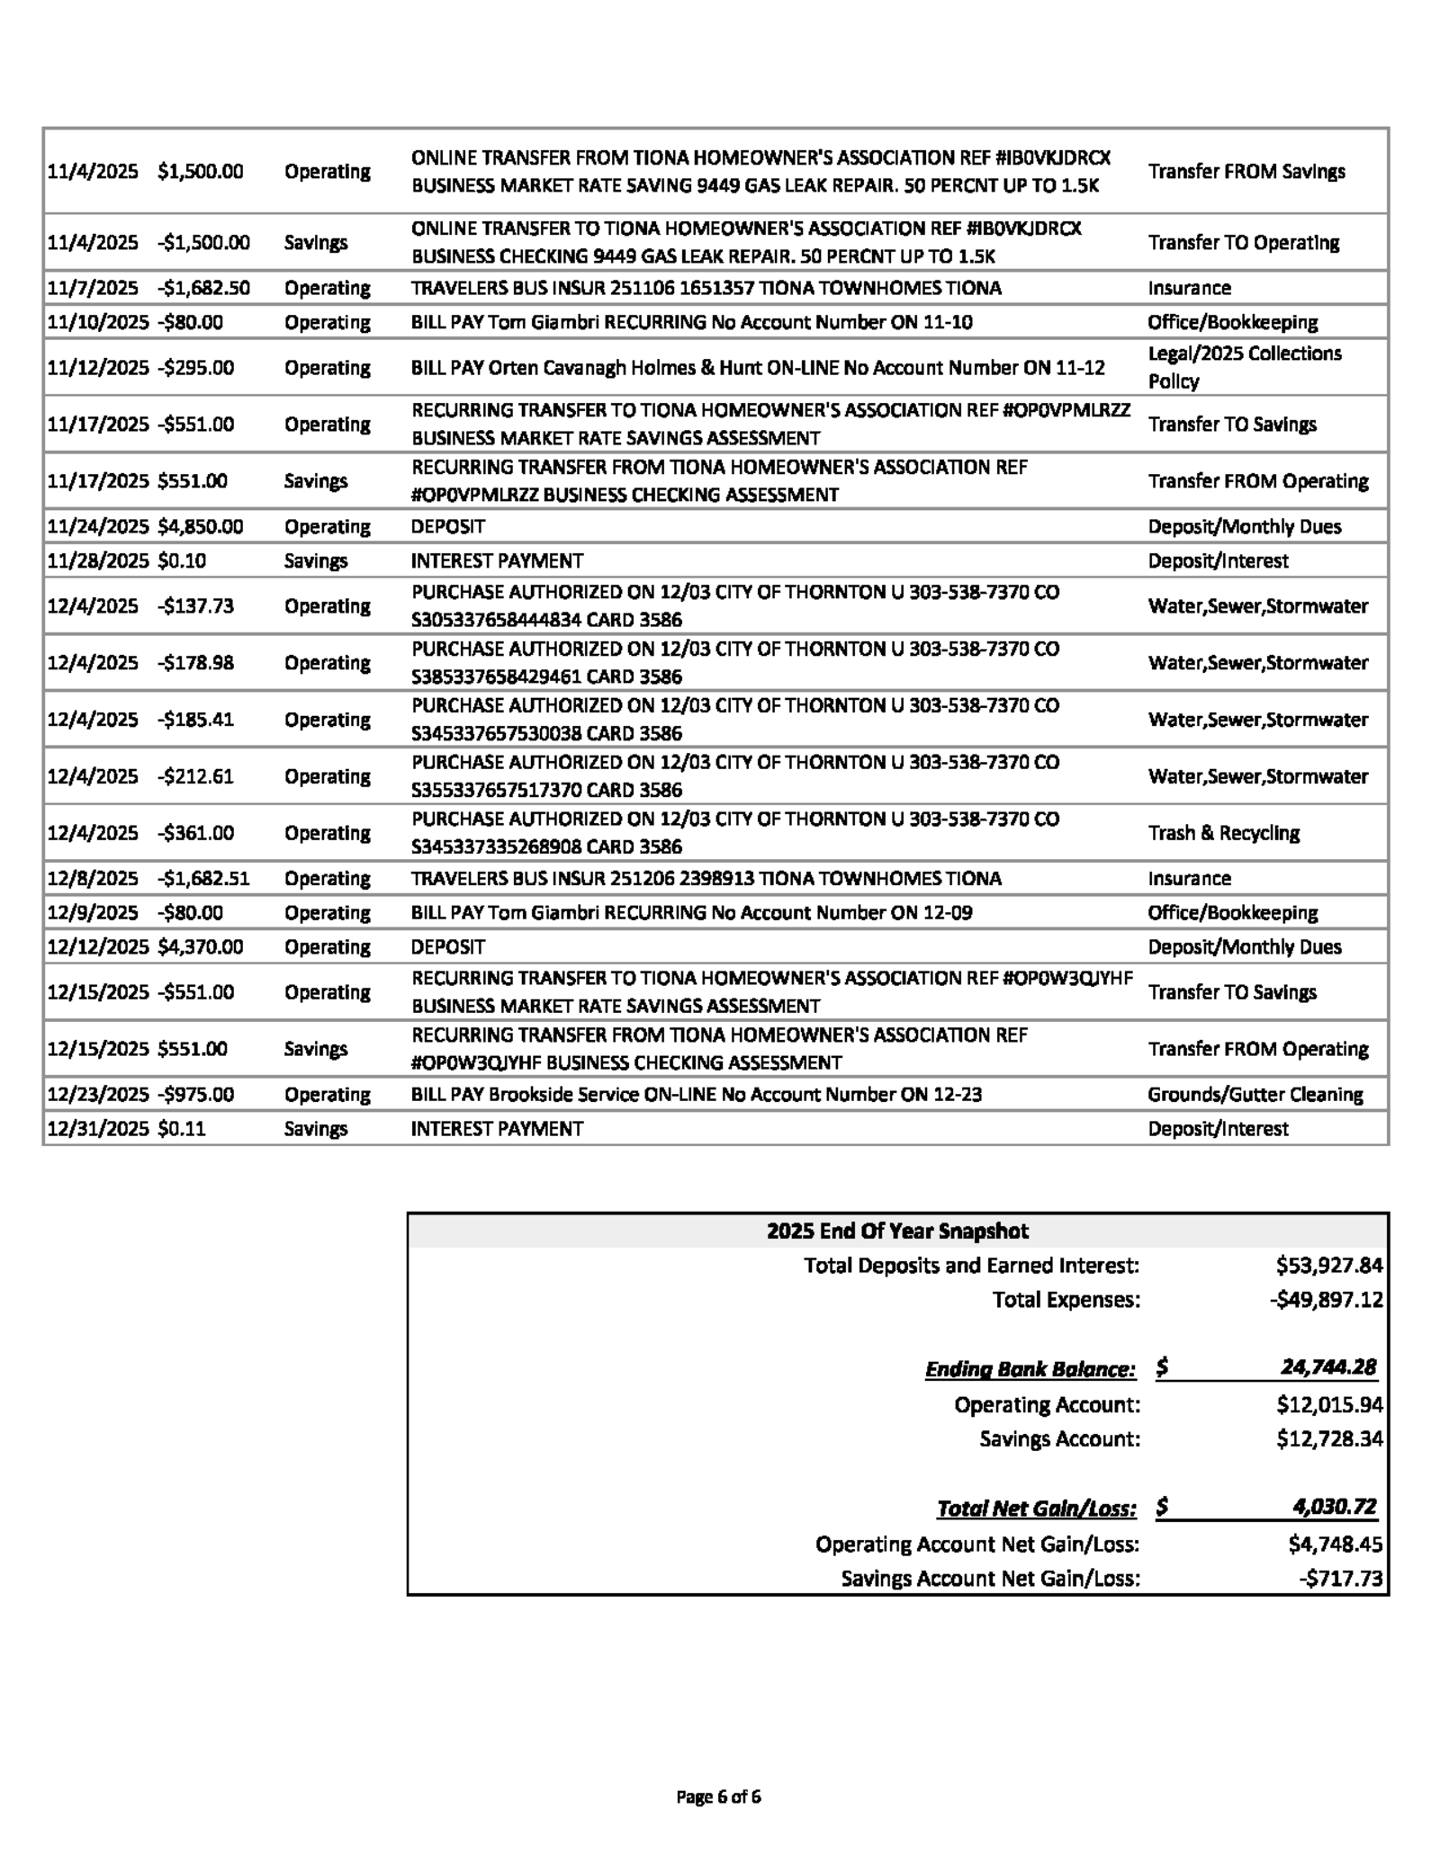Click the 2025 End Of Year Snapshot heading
897,1231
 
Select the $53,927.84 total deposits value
1328,1266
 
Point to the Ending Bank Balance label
1030,1369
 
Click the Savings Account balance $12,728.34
1328,1438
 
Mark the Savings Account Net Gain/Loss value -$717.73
1340,1578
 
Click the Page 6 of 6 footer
718,1796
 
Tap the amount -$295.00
195,368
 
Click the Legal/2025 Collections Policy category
1244,367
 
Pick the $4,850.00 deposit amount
200,526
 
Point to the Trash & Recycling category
1223,833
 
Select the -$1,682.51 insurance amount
203,878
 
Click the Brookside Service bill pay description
696,1095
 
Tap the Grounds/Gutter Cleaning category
1255,1095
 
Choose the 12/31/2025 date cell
97,1129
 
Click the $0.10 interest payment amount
182,560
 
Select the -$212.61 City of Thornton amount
195,776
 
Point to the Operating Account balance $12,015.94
1328,1404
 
